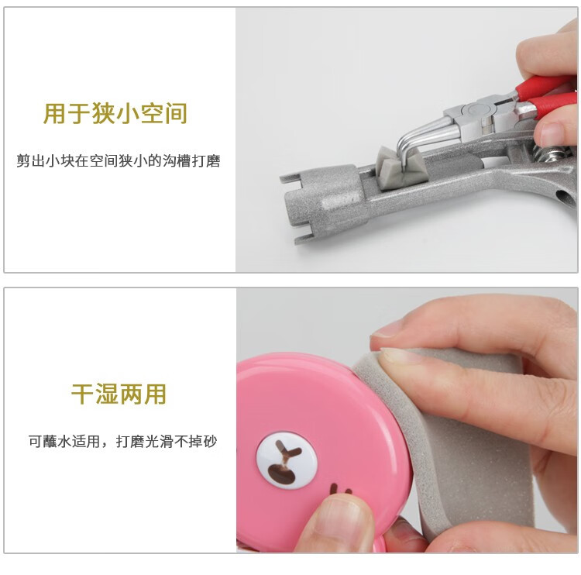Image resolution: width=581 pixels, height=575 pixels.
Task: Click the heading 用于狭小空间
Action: pos(115,113)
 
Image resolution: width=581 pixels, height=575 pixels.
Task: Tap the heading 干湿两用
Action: pos(119,394)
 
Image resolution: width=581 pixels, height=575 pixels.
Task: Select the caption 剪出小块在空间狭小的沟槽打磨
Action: pos(119,161)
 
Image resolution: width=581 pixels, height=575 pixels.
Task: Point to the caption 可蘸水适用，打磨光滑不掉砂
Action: pos(122,441)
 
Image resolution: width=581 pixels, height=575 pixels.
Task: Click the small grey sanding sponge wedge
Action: pos(400,167)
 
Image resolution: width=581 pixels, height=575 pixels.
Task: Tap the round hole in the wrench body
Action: pos(564,195)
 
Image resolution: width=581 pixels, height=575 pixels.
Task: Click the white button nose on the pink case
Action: pos(287,460)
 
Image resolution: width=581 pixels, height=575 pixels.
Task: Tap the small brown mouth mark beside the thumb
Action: pos(341,490)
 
